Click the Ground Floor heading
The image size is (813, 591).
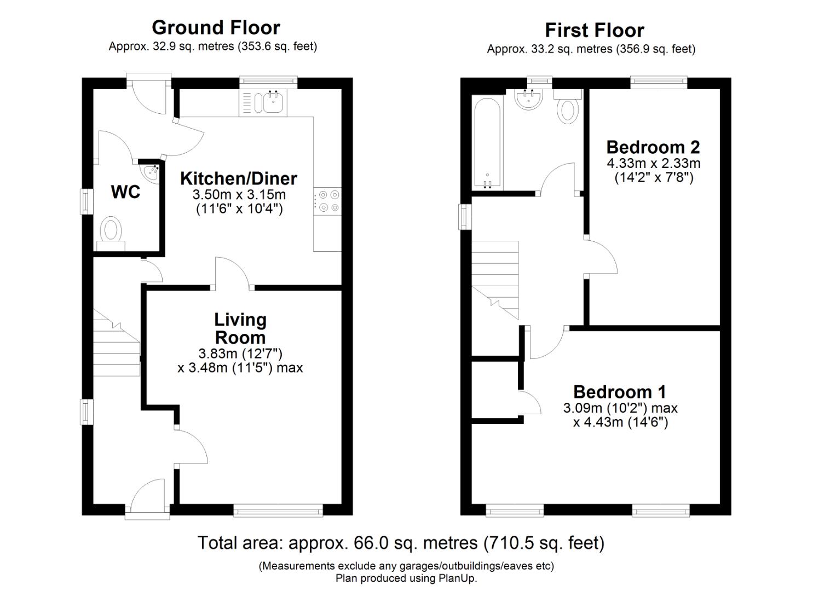tap(216, 27)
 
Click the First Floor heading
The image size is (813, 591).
tap(595, 30)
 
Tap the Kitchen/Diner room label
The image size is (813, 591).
tap(239, 178)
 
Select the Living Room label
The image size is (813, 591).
tap(240, 328)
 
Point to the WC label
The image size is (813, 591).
tap(125, 192)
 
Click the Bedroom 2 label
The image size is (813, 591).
tap(653, 147)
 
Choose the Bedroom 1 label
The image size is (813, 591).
tap(619, 392)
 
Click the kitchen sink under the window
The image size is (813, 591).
tap(273, 102)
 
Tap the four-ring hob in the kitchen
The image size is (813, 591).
tap(327, 200)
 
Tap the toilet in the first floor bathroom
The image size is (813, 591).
tap(568, 106)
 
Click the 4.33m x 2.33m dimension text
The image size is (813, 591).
tap(653, 163)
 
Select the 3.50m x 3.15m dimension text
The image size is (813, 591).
tap(239, 195)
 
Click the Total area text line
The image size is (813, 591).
tap(401, 543)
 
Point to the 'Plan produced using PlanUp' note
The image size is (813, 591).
tap(406, 578)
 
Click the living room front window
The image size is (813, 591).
tap(278, 511)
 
